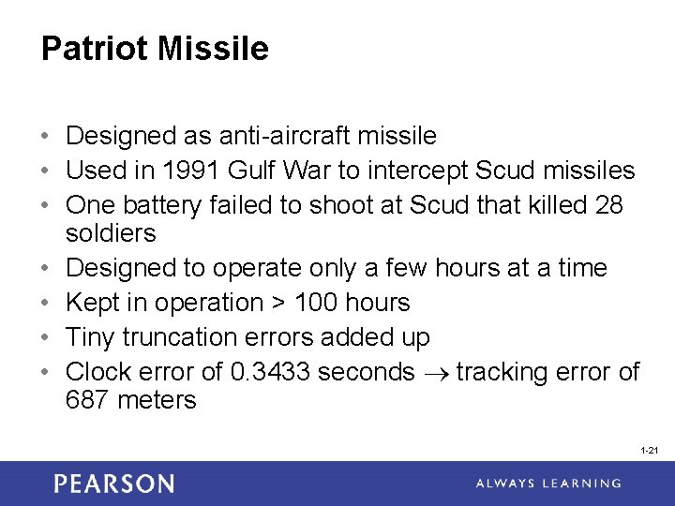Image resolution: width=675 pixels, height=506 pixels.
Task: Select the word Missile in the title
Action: click(215, 49)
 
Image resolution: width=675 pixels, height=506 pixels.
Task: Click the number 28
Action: click(608, 205)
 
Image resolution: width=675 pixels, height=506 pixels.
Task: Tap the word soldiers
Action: click(111, 233)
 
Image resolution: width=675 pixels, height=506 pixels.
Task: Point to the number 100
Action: click(314, 303)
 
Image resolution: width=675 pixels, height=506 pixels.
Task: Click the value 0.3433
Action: click(270, 372)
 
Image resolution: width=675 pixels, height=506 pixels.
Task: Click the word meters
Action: click(157, 400)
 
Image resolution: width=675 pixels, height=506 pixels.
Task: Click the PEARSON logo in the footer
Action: click(113, 484)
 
